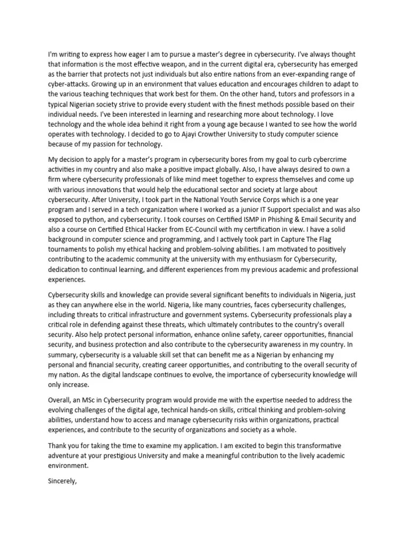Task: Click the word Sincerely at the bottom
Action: pyautogui.click(x=63, y=482)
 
